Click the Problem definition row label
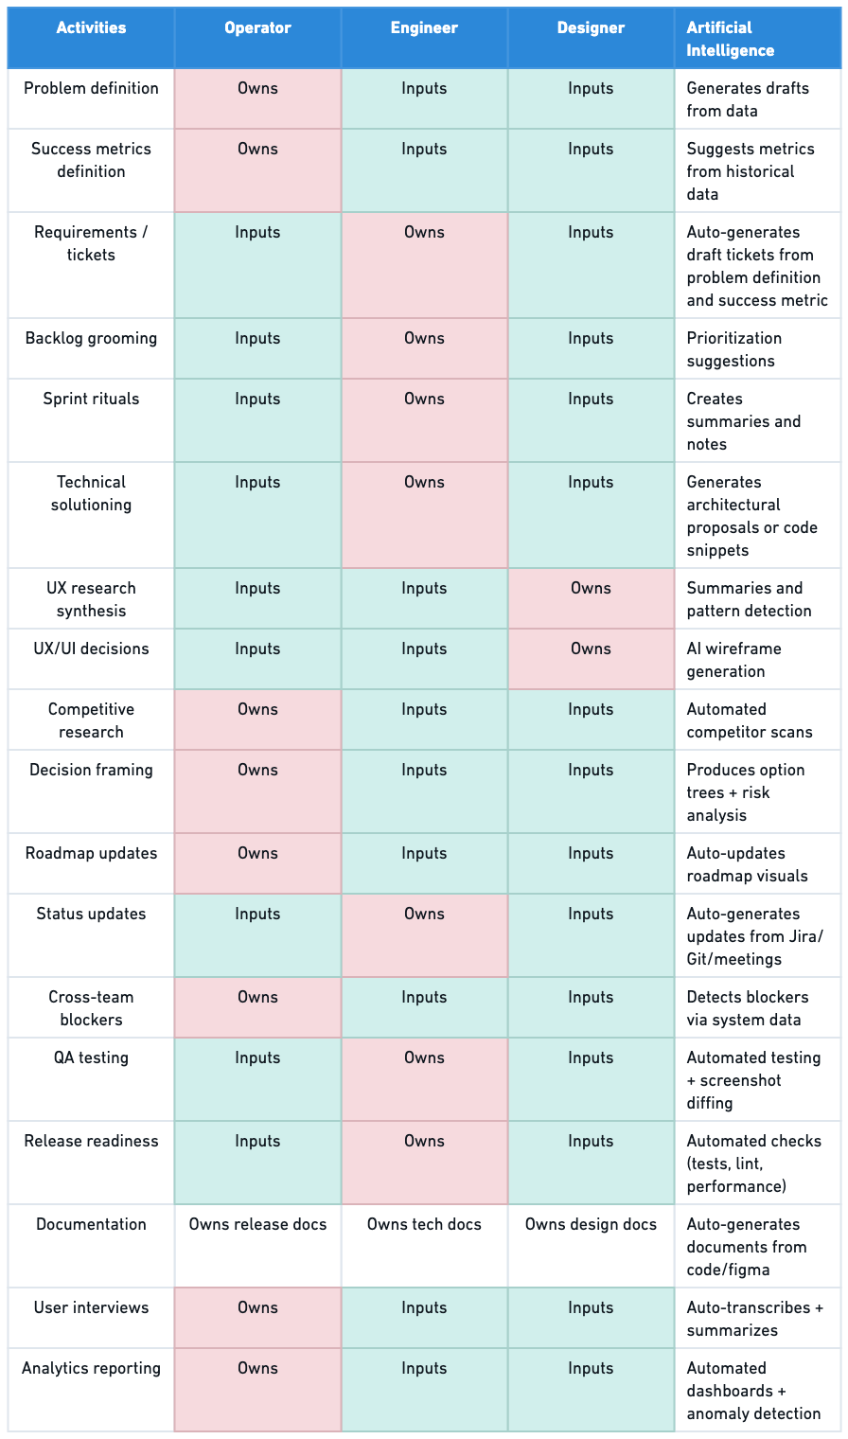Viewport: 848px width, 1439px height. [91, 89]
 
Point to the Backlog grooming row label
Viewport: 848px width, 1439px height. [91, 339]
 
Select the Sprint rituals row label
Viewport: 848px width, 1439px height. [91, 400]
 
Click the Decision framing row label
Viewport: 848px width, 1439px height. [91, 771]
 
